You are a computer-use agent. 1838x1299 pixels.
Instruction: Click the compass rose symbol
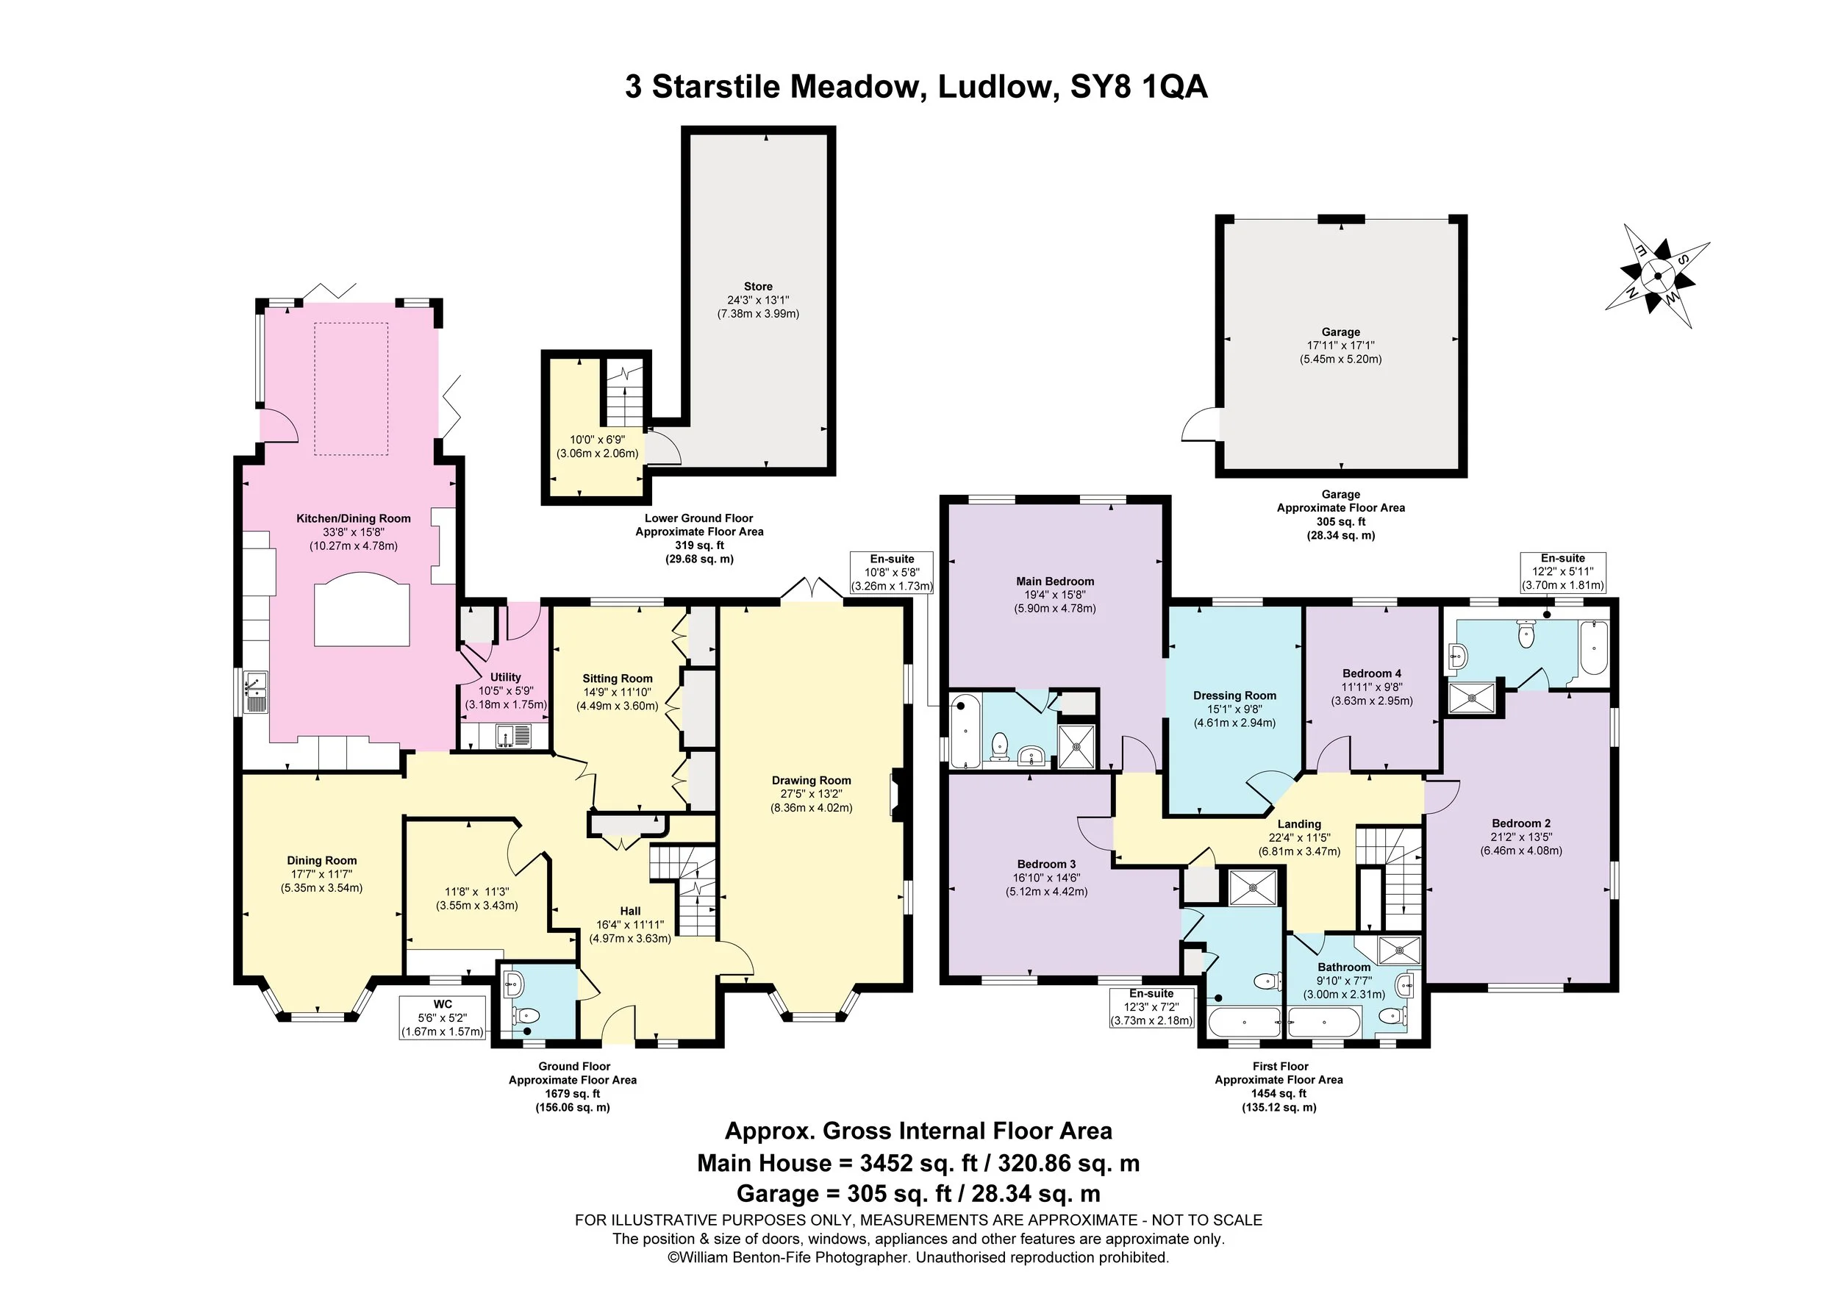point(1656,277)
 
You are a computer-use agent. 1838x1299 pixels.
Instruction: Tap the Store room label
point(757,287)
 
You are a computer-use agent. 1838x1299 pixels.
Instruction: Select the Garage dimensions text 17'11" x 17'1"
point(1340,346)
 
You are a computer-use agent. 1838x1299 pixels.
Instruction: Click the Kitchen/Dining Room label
point(353,518)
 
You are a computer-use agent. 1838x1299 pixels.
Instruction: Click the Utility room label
point(505,677)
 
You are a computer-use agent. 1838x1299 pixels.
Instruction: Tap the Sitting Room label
point(618,679)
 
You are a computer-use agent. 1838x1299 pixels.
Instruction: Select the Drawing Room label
point(811,781)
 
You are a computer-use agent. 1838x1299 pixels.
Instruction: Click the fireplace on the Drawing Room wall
point(899,795)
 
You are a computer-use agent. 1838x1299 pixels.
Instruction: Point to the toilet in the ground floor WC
point(528,1017)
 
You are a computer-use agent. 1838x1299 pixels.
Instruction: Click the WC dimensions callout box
point(443,1018)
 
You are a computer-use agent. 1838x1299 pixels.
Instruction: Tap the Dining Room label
point(322,861)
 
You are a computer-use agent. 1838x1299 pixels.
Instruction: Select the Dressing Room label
point(1234,695)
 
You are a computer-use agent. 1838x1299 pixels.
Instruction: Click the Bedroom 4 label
point(1371,673)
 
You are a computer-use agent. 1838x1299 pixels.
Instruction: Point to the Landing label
point(1298,824)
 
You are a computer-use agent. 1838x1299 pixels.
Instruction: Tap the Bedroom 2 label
point(1521,823)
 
